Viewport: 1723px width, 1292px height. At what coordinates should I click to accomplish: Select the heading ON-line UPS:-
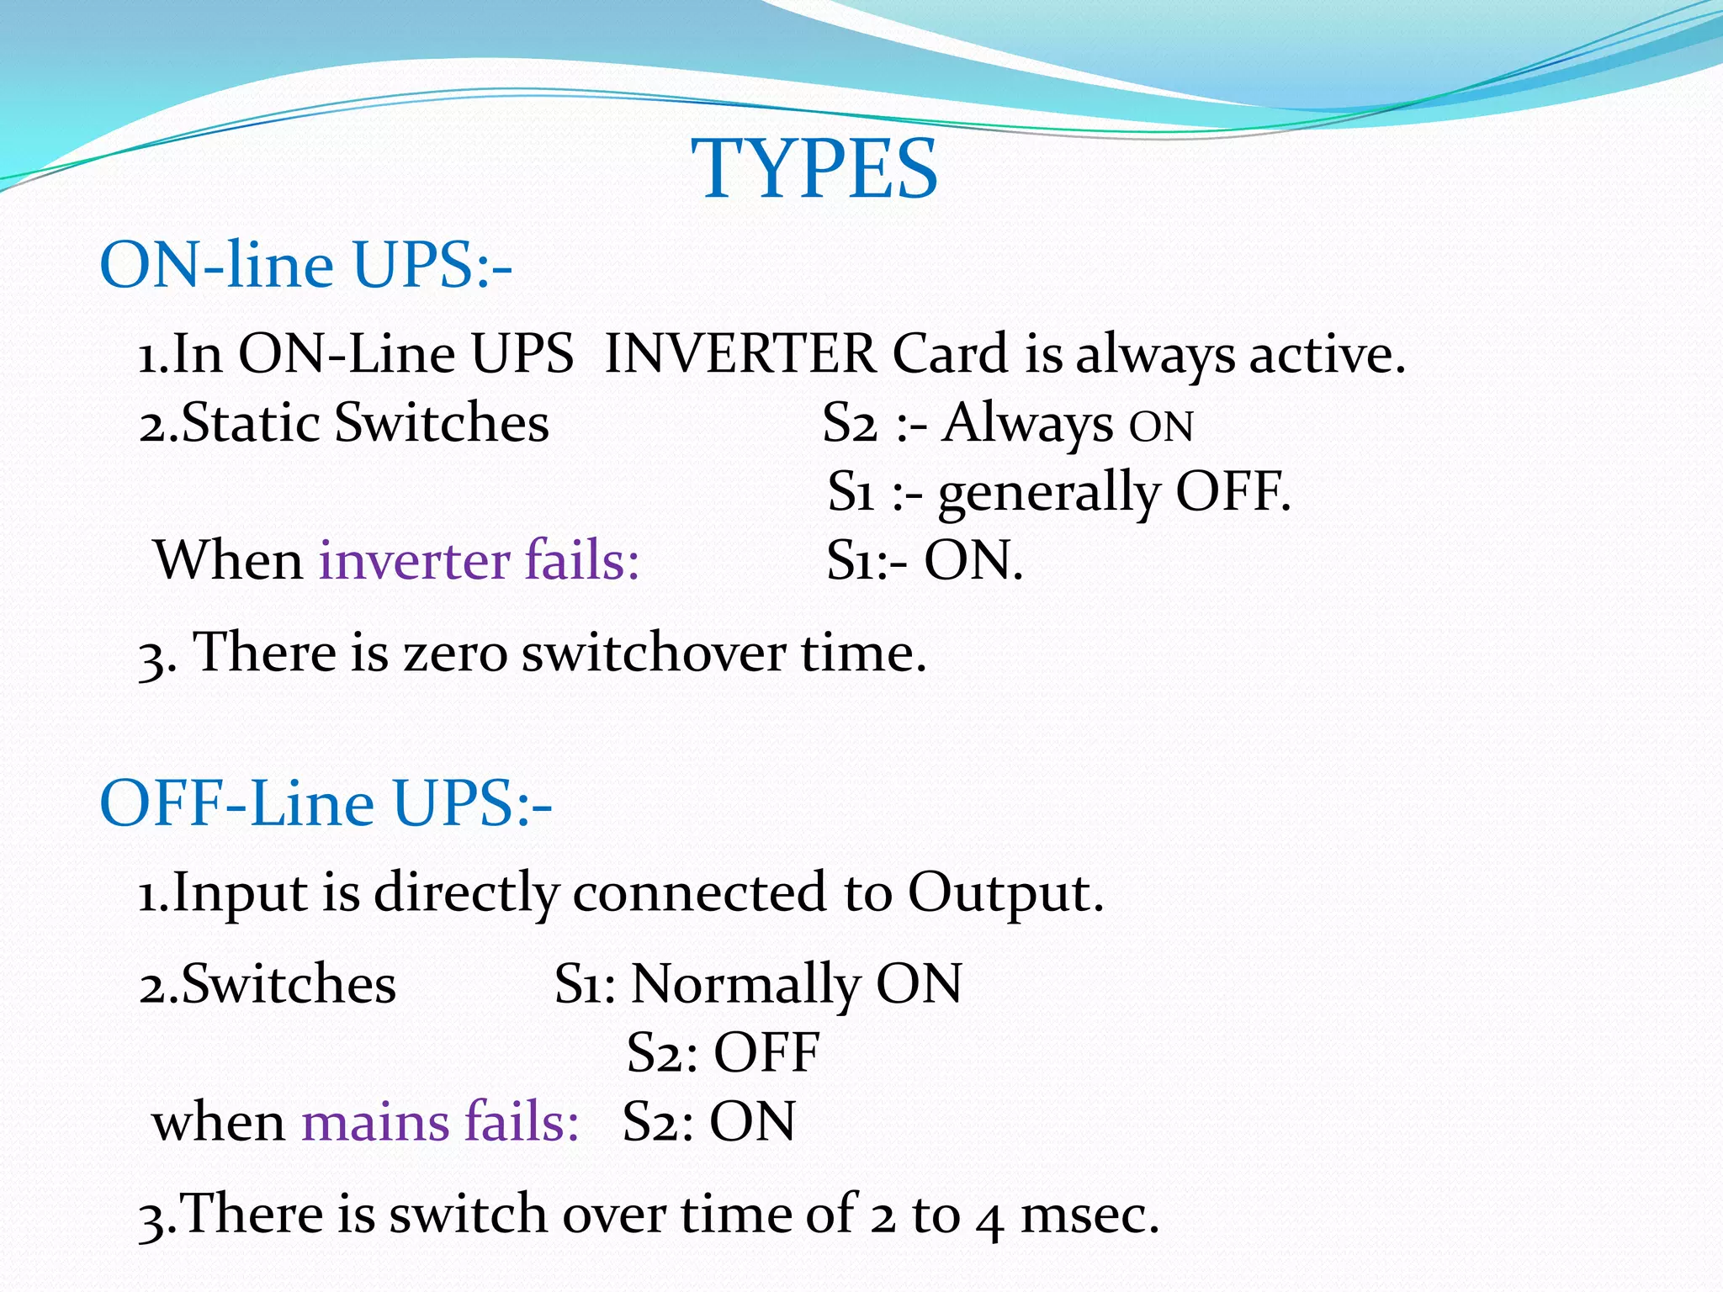(305, 265)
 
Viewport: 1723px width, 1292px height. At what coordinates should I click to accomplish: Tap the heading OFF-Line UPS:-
(326, 803)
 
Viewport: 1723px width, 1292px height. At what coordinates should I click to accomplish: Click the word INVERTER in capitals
(740, 353)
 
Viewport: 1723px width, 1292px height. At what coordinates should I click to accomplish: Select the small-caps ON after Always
(1160, 426)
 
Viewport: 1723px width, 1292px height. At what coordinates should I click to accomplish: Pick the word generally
(1048, 493)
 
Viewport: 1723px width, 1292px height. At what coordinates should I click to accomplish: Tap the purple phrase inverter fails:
(479, 561)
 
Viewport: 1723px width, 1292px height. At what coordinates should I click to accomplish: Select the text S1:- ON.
(924, 561)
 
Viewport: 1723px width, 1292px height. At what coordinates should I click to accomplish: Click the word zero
(455, 653)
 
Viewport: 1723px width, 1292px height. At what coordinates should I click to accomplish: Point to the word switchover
(653, 653)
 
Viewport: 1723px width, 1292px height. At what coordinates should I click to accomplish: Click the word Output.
(1005, 892)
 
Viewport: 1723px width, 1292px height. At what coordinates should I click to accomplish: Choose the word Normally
(744, 985)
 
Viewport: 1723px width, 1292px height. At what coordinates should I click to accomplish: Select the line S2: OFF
(723, 1053)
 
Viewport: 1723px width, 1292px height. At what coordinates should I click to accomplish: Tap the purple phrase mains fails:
(440, 1123)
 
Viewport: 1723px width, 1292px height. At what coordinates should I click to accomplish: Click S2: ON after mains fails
(708, 1123)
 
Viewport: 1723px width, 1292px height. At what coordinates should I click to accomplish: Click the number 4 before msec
(990, 1218)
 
